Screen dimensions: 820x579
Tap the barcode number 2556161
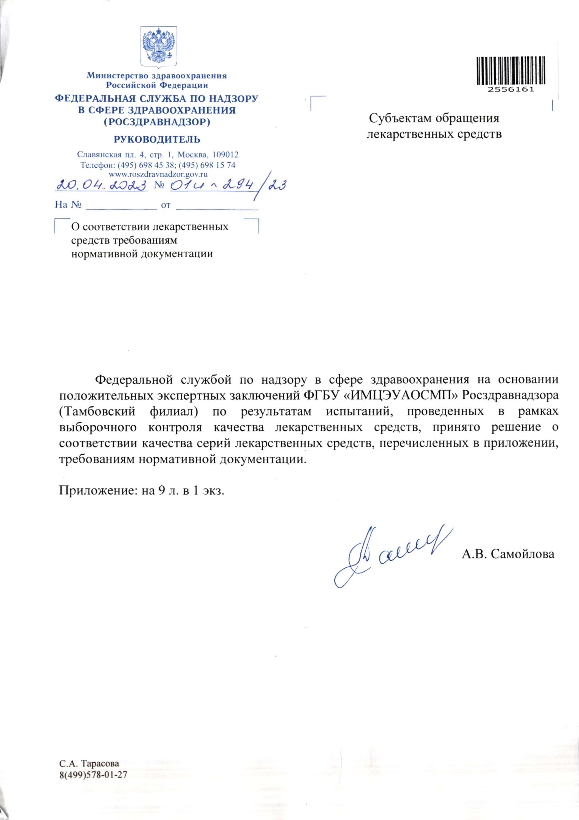[511, 90]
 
